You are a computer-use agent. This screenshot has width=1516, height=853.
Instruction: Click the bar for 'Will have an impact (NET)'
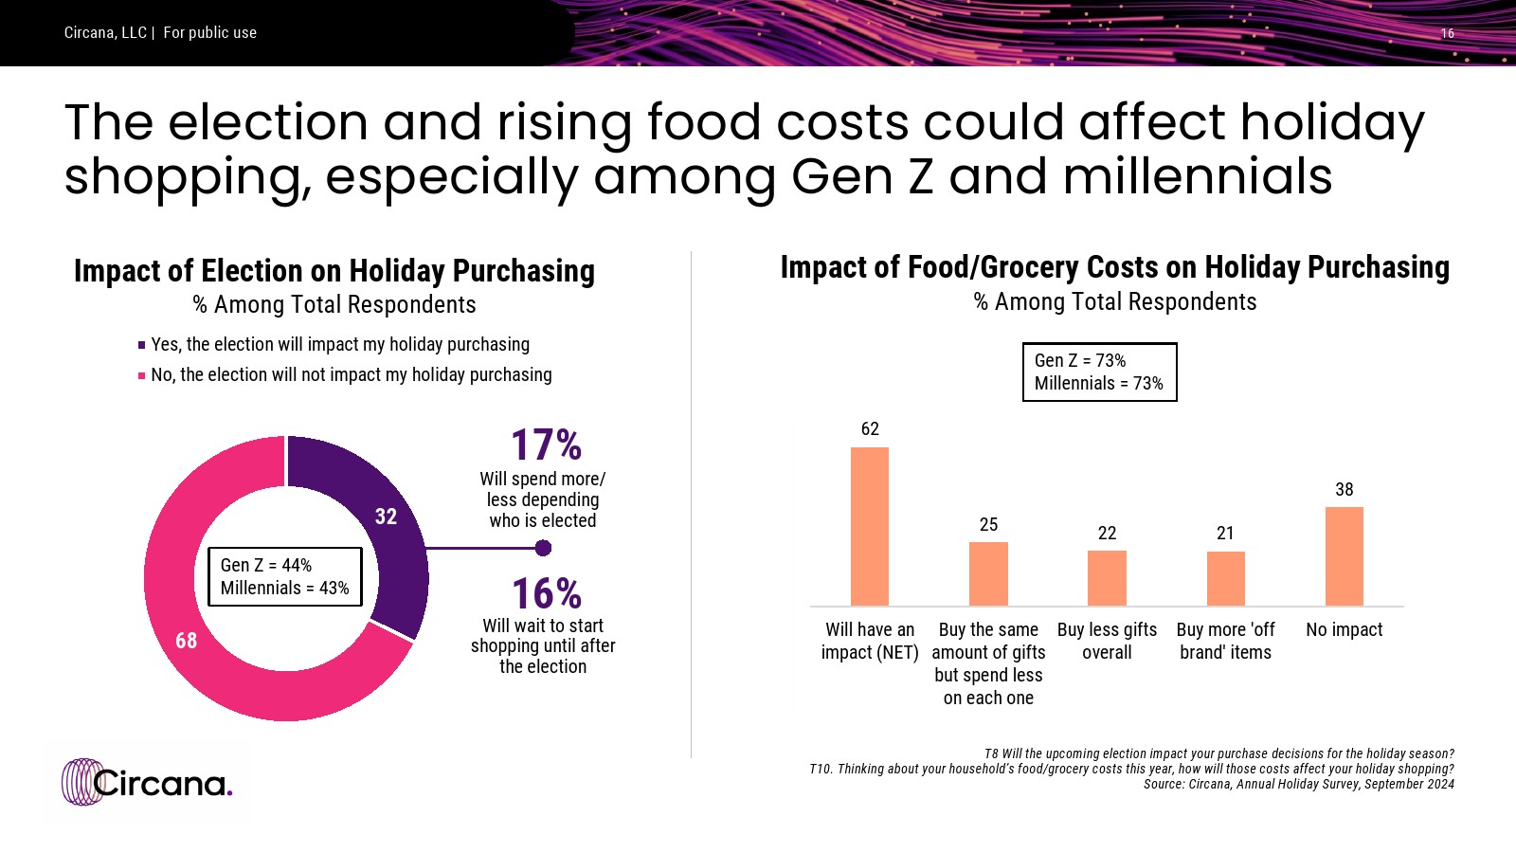(869, 526)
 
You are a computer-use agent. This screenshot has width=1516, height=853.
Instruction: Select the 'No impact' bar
(1344, 556)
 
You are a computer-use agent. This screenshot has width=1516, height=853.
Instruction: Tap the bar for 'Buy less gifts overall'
(1107, 578)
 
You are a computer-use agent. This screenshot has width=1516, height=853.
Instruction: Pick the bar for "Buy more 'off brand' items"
(1225, 578)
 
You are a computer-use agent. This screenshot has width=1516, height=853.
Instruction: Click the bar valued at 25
(988, 573)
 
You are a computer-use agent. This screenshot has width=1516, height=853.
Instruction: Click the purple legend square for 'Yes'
(142, 345)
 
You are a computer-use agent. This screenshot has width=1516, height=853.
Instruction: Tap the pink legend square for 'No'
(142, 375)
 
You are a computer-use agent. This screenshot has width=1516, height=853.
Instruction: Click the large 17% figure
(546, 445)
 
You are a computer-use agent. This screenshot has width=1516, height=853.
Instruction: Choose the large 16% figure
(546, 594)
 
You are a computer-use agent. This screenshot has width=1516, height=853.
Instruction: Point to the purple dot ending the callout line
(543, 548)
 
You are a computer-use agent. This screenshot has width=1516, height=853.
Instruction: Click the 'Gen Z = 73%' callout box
(1099, 372)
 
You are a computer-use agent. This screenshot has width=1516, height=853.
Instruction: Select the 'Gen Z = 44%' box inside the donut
(284, 576)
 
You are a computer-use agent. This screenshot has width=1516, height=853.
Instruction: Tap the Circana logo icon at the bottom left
(82, 782)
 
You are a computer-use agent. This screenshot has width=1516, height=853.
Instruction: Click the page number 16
(1447, 33)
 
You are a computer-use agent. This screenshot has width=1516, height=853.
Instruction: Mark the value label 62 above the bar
(870, 429)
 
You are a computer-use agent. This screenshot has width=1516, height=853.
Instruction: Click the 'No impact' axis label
(1344, 630)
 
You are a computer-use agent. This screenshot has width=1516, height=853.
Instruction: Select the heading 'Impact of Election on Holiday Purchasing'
(334, 271)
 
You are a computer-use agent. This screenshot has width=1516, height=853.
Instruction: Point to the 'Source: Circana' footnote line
(1298, 784)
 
